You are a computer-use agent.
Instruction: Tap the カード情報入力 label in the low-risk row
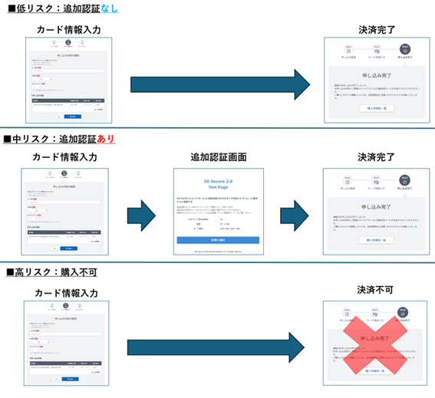click(68, 30)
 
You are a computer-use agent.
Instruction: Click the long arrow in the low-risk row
click(219, 84)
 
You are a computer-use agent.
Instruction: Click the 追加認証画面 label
click(219, 157)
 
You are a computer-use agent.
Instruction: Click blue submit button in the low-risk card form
click(72, 117)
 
